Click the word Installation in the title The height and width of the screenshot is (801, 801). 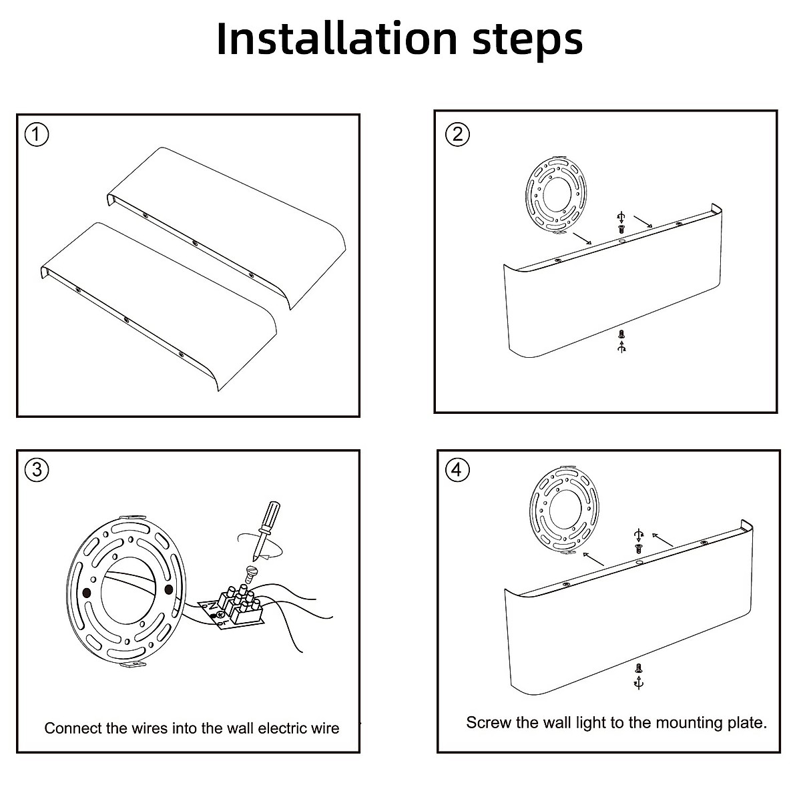338,39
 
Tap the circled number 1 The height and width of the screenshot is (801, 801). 37,135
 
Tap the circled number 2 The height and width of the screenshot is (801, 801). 457,134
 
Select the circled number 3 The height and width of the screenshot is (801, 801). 37,470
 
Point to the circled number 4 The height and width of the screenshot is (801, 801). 457,470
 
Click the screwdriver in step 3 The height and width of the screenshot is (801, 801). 264,528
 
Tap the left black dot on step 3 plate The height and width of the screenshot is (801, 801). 86,592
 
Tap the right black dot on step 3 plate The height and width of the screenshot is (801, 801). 168,588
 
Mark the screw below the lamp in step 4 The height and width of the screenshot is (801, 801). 639,667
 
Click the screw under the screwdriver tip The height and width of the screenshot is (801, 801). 252,571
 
